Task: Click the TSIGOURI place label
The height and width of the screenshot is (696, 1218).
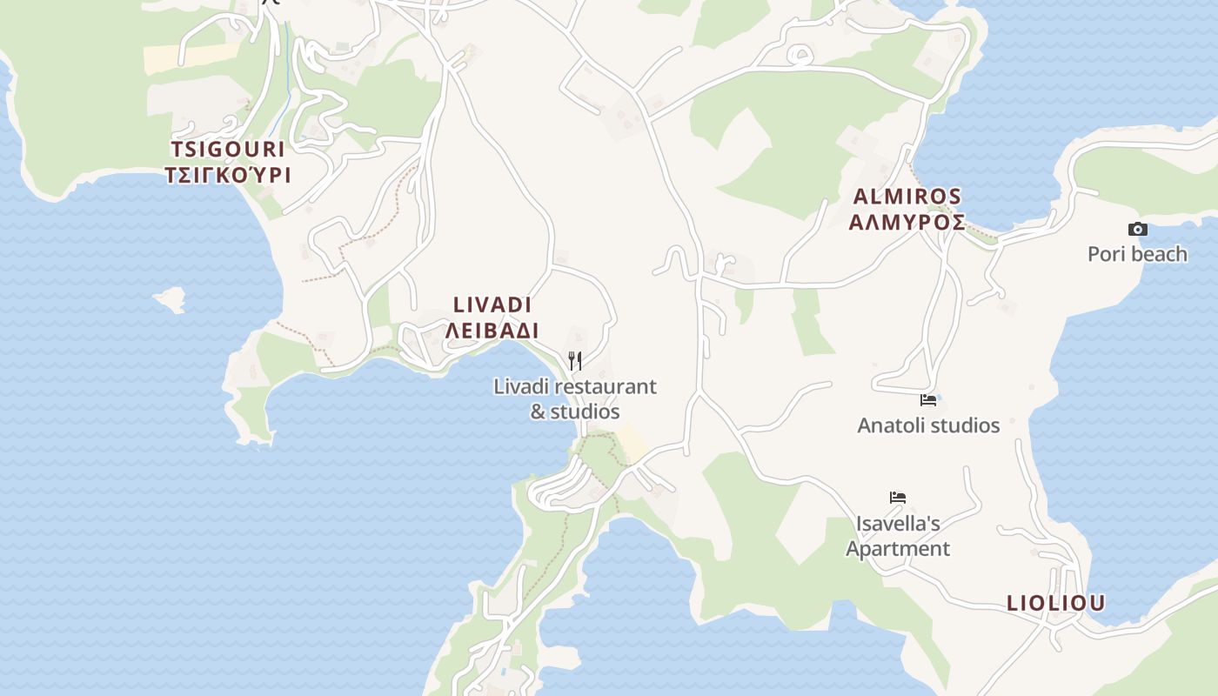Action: (228, 148)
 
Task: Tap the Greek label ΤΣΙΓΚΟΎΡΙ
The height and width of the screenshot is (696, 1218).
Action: (228, 175)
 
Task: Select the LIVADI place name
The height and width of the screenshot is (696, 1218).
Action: (492, 304)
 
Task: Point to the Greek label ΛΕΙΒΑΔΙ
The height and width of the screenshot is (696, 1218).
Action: (492, 331)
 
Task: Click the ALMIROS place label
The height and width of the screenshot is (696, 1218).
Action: (907, 196)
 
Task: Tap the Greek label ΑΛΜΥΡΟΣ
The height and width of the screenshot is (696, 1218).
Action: (907, 222)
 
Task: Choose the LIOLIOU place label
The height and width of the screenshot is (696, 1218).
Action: (1055, 603)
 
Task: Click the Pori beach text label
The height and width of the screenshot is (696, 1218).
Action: (1137, 254)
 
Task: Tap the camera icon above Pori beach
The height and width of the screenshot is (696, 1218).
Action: (1137, 230)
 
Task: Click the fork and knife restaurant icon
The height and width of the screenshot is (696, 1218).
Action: (575, 360)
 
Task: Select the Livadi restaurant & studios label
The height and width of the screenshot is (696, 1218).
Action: (575, 398)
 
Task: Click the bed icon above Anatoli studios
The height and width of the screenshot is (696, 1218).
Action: (928, 400)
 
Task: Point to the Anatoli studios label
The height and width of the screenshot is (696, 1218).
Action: (928, 425)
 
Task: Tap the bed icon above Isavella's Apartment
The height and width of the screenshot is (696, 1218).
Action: (898, 498)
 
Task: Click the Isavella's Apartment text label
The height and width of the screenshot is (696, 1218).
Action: (898, 536)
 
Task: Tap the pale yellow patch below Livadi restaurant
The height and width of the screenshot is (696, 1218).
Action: (634, 445)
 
